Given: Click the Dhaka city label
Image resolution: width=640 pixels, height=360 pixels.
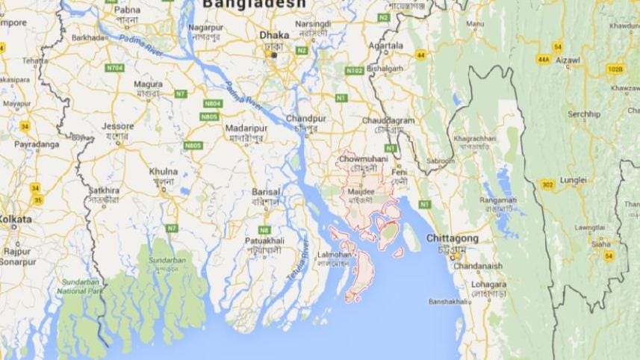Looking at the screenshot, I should click(273, 35).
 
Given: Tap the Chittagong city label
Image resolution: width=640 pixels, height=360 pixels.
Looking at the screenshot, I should click(452, 238).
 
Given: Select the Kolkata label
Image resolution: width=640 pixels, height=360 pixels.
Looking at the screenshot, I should click(16, 220).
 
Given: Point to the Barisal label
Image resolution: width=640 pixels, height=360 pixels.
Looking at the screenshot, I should click(266, 191).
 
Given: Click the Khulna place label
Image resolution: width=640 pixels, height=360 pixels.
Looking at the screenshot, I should click(164, 171).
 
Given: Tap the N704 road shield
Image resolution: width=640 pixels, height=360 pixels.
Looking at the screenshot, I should click(114, 67).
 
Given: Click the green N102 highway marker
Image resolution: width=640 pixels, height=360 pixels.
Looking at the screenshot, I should click(354, 70).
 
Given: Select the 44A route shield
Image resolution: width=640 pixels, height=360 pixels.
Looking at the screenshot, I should click(543, 59).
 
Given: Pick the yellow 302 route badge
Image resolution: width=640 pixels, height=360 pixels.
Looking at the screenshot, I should click(547, 184).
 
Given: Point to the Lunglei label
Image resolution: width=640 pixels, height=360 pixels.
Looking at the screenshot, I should click(574, 180).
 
